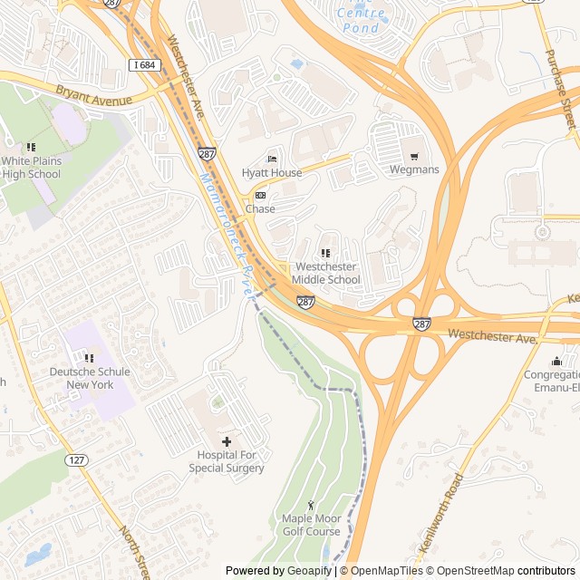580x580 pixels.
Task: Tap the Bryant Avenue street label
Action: click(94, 95)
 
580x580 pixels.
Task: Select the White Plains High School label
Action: click(31, 167)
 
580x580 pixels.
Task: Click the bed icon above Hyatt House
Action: click(271, 159)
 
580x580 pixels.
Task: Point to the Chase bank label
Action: click(260, 209)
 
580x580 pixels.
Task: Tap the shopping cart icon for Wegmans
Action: click(414, 156)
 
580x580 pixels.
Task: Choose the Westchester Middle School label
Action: click(326, 273)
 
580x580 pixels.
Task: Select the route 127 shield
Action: click(78, 460)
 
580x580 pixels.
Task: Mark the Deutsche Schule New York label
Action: click(90, 378)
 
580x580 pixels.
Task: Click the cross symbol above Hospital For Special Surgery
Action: click(227, 440)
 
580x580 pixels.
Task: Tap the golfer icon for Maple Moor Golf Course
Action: click(311, 505)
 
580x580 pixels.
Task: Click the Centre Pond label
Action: click(361, 20)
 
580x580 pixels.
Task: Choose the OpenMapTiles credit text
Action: click(385, 571)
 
